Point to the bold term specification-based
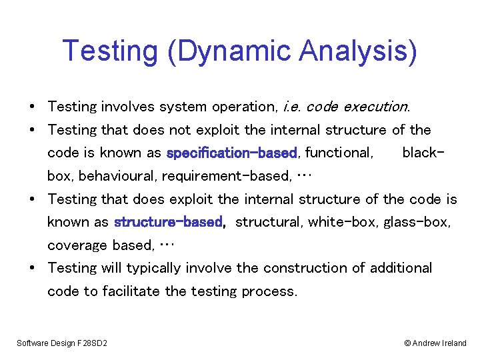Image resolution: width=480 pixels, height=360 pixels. pyautogui.click(x=231, y=153)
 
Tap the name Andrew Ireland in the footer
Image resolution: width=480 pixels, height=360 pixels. pyautogui.click(x=440, y=343)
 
